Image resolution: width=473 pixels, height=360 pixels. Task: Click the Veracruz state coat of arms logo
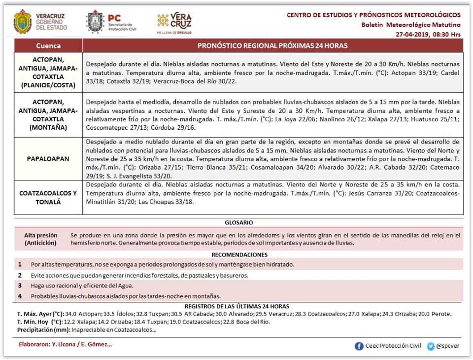point(23,22)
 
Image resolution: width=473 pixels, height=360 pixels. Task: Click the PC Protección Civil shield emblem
point(94,22)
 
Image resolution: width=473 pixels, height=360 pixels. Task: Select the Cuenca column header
point(48,46)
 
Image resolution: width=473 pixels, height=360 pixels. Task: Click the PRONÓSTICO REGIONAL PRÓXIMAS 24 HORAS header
point(272,46)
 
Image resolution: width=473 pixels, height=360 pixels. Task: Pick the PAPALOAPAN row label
point(48,159)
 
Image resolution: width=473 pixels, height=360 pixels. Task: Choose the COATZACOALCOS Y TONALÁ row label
point(48,197)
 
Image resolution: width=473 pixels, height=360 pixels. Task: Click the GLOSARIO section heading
point(238,222)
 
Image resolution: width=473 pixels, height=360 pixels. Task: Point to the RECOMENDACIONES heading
point(239,255)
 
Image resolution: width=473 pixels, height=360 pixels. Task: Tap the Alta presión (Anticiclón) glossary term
point(41,239)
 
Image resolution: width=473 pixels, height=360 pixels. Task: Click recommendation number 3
point(20,286)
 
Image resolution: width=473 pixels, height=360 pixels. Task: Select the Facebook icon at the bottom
point(359,346)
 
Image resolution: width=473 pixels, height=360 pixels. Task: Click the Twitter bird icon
point(431,346)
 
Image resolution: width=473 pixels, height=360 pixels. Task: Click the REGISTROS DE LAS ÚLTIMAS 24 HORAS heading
point(239,306)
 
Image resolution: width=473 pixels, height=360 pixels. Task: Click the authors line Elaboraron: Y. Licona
point(64,344)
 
